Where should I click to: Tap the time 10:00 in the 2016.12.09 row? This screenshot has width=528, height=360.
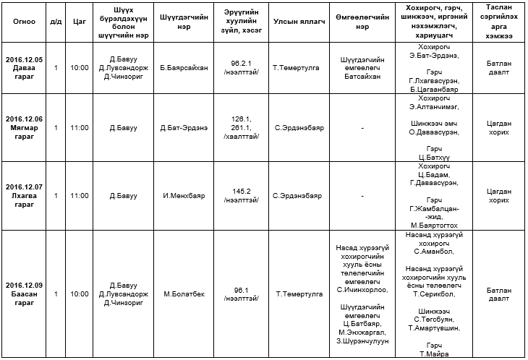click(80, 294)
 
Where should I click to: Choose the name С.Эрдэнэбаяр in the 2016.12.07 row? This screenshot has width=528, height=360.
click(299, 196)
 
